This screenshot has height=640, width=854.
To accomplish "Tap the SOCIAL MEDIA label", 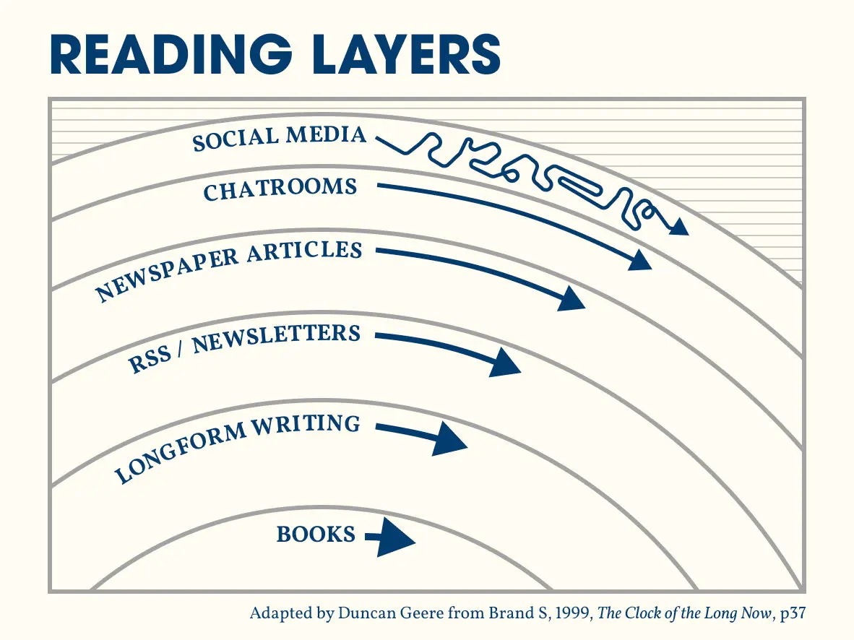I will [279, 138].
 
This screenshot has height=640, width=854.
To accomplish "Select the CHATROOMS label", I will [280, 189].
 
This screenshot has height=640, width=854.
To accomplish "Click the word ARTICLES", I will [305, 252].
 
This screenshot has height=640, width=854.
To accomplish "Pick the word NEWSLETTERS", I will [276, 337].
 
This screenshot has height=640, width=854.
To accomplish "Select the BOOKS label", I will [316, 535].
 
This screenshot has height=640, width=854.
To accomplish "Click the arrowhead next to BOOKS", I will [396, 538].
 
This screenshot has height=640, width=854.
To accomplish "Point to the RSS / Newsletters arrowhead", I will [504, 362].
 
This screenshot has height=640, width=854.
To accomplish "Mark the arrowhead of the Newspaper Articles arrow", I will [572, 298].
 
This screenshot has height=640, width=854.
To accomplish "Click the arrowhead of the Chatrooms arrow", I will [639, 260].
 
